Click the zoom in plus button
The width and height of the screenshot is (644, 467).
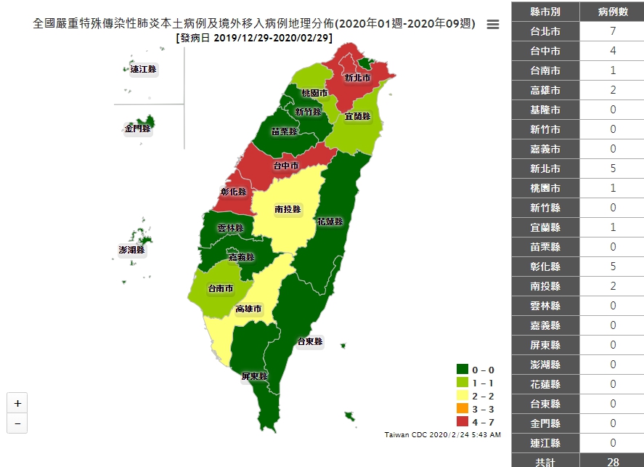[17, 403]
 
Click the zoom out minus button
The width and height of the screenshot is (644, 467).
[17, 423]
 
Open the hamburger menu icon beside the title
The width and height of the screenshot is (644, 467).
[493, 24]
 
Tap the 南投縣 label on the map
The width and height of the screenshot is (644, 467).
[288, 209]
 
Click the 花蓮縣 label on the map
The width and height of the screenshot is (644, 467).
[330, 221]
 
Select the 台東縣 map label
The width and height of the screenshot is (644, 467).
[309, 341]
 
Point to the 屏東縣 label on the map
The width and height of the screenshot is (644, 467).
[255, 376]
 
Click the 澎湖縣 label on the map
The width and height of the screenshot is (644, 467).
[132, 250]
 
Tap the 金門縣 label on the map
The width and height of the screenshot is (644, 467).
[137, 129]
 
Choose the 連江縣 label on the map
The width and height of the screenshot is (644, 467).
[143, 70]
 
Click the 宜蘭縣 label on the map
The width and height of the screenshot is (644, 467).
[357, 115]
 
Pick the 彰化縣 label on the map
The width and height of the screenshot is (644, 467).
[233, 192]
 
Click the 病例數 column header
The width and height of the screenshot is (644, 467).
[613, 12]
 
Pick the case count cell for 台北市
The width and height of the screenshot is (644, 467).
[613, 32]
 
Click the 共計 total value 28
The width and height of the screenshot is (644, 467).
[613, 461]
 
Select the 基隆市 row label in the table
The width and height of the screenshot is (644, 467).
[545, 110]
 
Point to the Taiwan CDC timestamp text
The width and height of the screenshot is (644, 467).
[442, 434]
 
